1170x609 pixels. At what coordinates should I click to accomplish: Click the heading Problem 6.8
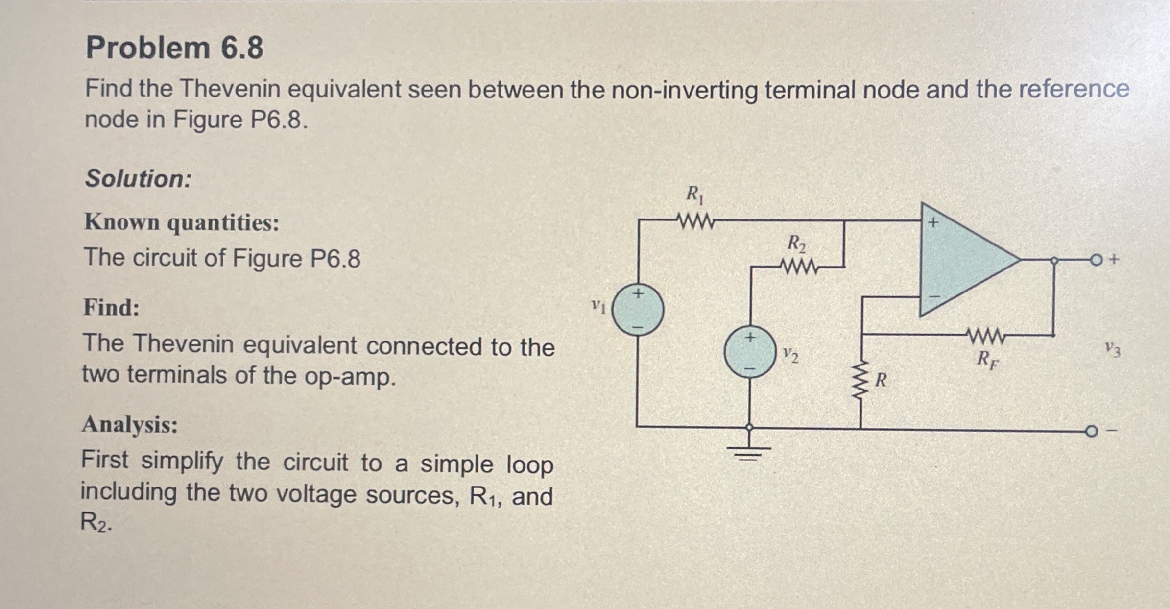174,48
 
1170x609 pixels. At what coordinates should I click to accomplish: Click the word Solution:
138,178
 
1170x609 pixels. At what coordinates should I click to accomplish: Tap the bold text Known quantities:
182,223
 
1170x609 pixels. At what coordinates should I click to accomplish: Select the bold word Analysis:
130,425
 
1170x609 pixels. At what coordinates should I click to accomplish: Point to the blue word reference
1074,89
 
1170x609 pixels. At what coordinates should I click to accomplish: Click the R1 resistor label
694,195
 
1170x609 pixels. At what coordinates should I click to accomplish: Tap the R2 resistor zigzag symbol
799,267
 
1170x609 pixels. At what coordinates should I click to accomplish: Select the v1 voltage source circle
638,310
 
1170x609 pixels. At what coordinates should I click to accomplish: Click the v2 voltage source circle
749,352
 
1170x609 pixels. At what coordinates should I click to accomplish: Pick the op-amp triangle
960,260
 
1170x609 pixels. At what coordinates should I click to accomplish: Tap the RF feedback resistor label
987,360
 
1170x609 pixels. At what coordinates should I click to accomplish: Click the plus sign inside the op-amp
932,222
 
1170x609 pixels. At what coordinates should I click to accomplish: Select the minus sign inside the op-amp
934,296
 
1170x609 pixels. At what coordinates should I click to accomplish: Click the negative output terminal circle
1091,431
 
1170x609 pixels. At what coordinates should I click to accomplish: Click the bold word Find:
112,308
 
